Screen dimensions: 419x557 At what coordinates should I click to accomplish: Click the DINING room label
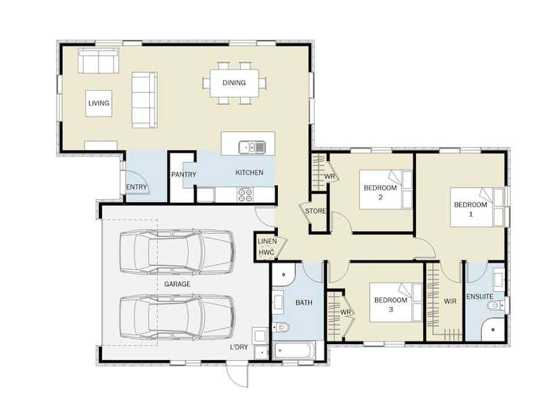coord(235,82)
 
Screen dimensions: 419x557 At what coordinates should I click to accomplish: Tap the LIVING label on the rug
coord(98,103)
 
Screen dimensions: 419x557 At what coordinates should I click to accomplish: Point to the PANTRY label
coord(184,175)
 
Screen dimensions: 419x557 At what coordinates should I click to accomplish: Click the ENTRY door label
coord(136,187)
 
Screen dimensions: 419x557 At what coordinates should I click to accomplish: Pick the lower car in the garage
coord(176,316)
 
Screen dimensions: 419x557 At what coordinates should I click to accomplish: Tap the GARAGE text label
coord(177,284)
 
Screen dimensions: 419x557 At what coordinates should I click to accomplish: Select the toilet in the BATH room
coord(282,327)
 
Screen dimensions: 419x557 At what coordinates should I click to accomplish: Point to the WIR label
coord(450,301)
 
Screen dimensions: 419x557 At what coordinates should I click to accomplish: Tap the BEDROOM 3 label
coord(391,305)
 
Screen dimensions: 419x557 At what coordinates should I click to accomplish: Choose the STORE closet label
coord(315,211)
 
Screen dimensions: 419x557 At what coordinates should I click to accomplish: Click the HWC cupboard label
coord(266,253)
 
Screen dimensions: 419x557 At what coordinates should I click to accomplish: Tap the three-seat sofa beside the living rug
coord(144,100)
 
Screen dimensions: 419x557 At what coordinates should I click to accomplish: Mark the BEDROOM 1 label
coord(470,209)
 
